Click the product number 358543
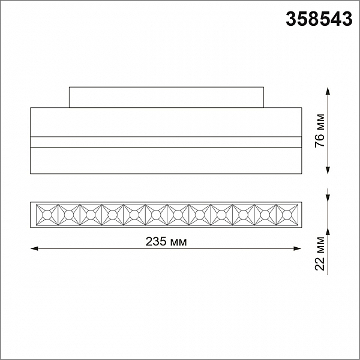319,19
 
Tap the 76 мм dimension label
320,131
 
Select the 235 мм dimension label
166,242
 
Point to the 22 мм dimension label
320,253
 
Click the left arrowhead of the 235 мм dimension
34,248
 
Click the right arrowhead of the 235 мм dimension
298,248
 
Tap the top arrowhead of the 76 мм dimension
328,91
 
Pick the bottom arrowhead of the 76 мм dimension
328,170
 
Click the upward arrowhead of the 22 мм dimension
328,232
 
